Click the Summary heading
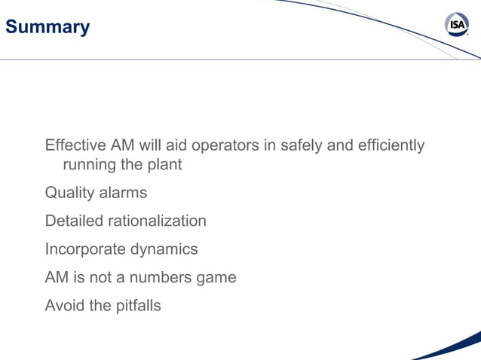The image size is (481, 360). tap(47, 28)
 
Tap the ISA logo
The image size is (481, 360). tap(458, 25)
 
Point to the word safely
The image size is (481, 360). tap(300, 145)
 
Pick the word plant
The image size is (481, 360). tap(164, 164)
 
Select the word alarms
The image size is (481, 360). tap(124, 193)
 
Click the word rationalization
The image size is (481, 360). tap(157, 221)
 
